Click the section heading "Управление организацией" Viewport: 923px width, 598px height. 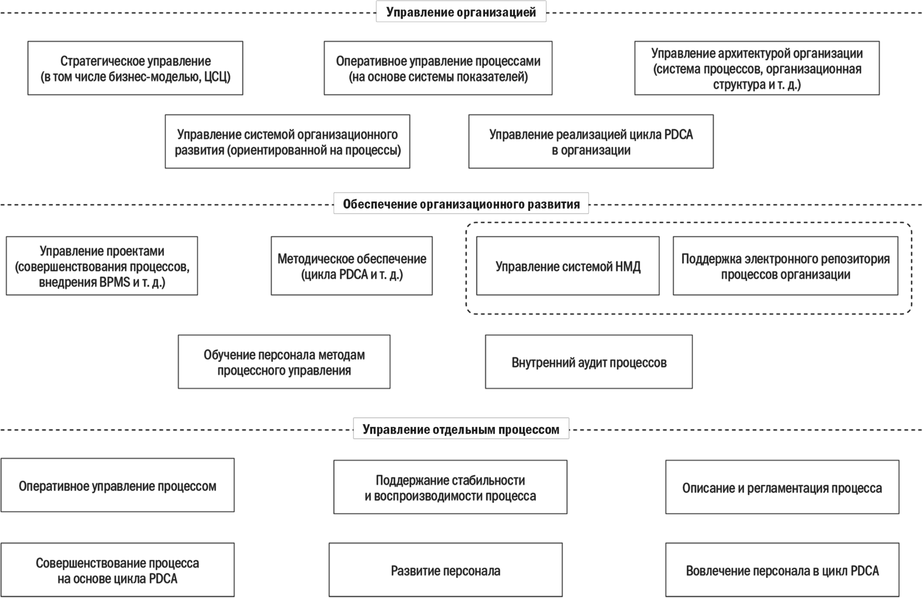coord(461,12)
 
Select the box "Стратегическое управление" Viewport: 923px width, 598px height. coord(135,68)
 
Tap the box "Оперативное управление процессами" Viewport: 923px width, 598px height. coord(438,68)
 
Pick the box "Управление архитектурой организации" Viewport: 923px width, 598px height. coord(757,68)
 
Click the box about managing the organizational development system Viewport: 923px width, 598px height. coord(287,141)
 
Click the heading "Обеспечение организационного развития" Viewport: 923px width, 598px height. coord(461,204)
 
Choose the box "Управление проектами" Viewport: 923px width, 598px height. coord(102,266)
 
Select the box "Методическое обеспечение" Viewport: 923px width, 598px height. coord(351,266)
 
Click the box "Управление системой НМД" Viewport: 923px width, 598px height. coord(568,266)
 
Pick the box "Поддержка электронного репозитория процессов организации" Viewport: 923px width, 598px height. coord(785,266)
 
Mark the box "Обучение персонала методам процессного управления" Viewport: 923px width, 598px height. coord(284,362)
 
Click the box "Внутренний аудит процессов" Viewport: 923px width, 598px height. coord(589,362)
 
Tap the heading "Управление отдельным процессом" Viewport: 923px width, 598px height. coord(461,429)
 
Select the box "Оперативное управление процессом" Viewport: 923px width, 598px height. coord(118,485)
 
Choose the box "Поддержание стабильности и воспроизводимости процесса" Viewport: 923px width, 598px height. coord(450,487)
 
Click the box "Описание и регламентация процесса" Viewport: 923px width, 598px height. coord(782,487)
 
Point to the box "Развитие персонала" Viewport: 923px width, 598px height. coord(446,570)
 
